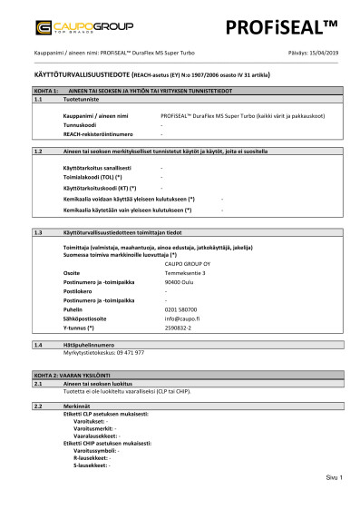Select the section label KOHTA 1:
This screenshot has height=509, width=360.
(x=44, y=92)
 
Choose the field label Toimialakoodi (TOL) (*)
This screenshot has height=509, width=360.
(x=94, y=178)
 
